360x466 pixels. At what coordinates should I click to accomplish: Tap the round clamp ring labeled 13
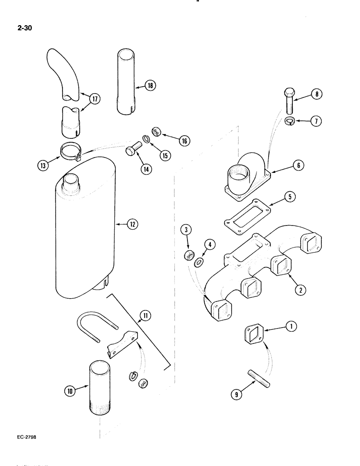tap(70, 151)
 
